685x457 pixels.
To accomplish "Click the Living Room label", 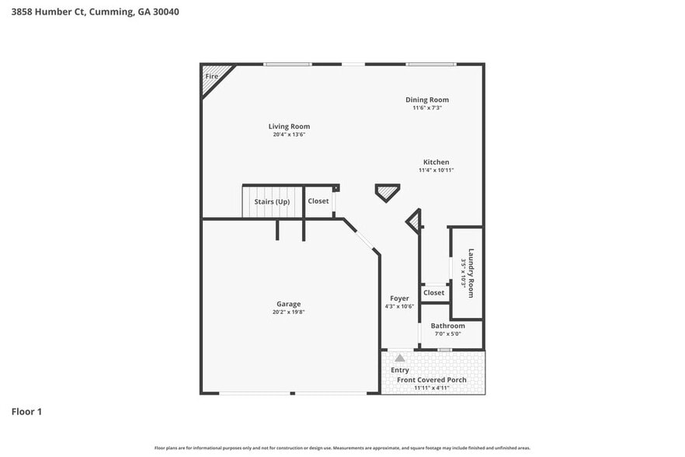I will click(289, 126).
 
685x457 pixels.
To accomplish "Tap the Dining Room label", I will click(427, 99).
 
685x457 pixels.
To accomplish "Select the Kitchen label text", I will click(436, 162).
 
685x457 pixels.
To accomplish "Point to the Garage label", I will click(288, 304).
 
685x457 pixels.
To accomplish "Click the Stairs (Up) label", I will click(272, 201).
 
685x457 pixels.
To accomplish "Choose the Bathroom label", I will click(448, 326).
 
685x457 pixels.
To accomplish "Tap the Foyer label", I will click(399, 298).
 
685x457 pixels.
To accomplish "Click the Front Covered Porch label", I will click(432, 379).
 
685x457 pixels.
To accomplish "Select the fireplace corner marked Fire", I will click(212, 76).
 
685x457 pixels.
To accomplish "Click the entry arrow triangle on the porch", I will click(399, 358).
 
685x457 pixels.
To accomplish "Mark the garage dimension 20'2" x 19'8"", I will click(288, 312).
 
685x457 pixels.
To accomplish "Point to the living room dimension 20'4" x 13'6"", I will click(289, 134).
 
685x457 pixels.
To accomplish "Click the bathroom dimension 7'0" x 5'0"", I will click(447, 333).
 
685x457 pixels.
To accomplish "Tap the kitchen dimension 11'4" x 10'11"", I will click(436, 170).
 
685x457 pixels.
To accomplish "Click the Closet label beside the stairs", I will click(318, 201).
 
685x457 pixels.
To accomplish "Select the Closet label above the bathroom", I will click(434, 293).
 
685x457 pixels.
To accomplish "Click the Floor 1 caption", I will click(26, 410).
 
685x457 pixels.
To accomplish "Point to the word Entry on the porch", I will click(400, 370).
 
